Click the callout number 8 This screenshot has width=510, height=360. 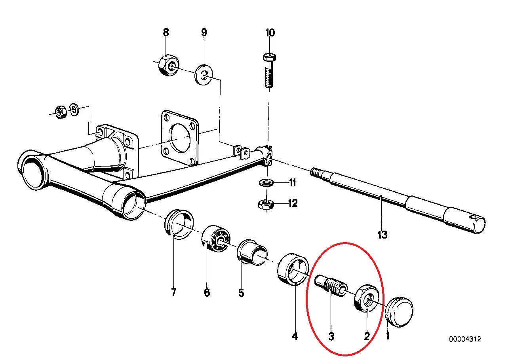coord(166,32)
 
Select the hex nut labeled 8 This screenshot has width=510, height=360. coord(168,65)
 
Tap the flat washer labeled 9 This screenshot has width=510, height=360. coord(204,74)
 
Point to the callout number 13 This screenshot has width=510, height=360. coord(382,235)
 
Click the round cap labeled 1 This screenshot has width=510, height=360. coord(399,312)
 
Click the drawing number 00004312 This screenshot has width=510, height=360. coord(465,339)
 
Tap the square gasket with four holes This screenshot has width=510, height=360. coord(179,138)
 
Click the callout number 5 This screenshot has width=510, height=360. coord(241,293)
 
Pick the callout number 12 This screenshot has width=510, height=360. coord(292,203)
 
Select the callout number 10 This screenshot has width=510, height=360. coord(270,32)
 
